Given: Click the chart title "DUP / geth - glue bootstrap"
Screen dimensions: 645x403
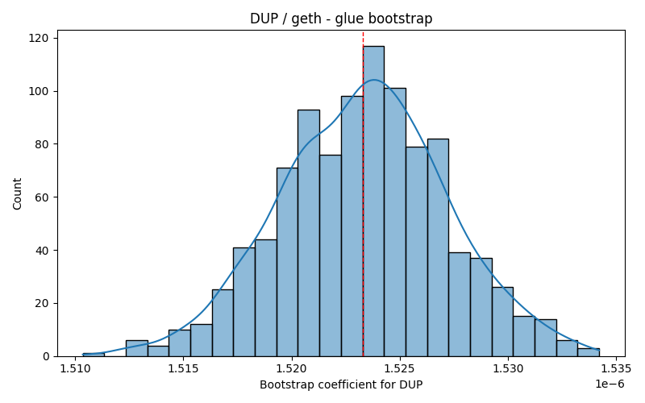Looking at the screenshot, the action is (x=341, y=19).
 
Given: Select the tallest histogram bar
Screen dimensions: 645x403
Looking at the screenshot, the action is (x=373, y=201).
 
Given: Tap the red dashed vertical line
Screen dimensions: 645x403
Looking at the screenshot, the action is (x=363, y=193).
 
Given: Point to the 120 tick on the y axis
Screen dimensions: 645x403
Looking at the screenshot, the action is (x=55, y=38).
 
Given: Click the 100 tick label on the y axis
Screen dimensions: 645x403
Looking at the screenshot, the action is (x=38, y=91).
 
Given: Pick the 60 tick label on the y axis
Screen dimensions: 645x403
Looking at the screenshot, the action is (x=42, y=197).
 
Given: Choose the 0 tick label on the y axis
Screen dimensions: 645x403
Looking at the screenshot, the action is (x=45, y=356).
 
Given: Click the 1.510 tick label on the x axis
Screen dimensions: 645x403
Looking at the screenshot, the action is (x=75, y=368).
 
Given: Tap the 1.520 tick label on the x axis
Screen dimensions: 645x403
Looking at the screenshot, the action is (x=291, y=368).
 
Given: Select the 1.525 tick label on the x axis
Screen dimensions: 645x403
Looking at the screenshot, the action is (x=399, y=368).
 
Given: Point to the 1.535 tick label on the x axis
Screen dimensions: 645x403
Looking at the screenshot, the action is (x=616, y=368).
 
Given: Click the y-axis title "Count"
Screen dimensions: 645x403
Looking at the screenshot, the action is (x=17, y=193).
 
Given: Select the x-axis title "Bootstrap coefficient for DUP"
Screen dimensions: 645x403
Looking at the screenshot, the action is (x=341, y=385).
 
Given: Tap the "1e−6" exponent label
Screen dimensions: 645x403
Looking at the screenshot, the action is (x=610, y=384).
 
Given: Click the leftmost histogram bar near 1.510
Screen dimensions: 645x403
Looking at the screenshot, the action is (x=94, y=355).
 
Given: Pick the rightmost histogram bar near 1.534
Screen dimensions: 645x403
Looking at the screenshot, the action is (x=589, y=352).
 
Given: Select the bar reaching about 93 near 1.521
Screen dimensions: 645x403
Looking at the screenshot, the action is (x=309, y=233).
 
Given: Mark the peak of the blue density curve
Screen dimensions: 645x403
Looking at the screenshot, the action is (x=374, y=80).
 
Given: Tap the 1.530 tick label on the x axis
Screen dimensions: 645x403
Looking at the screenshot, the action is (x=508, y=368).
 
